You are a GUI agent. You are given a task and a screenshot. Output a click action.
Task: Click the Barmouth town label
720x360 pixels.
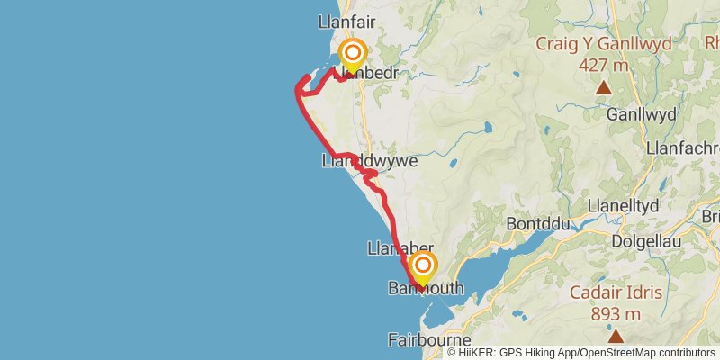[x=426, y=289]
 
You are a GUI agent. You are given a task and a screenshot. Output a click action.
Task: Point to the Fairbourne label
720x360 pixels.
[x=430, y=340]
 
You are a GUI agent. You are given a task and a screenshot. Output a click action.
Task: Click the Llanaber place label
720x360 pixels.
[x=400, y=247]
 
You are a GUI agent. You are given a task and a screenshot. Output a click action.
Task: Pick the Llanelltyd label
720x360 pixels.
[x=623, y=206]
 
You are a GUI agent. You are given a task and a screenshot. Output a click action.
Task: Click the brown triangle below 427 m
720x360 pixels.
[x=603, y=87]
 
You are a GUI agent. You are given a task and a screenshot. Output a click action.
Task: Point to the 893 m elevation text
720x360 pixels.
[x=616, y=315]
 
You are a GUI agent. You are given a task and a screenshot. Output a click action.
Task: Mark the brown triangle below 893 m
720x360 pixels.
[x=616, y=337]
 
